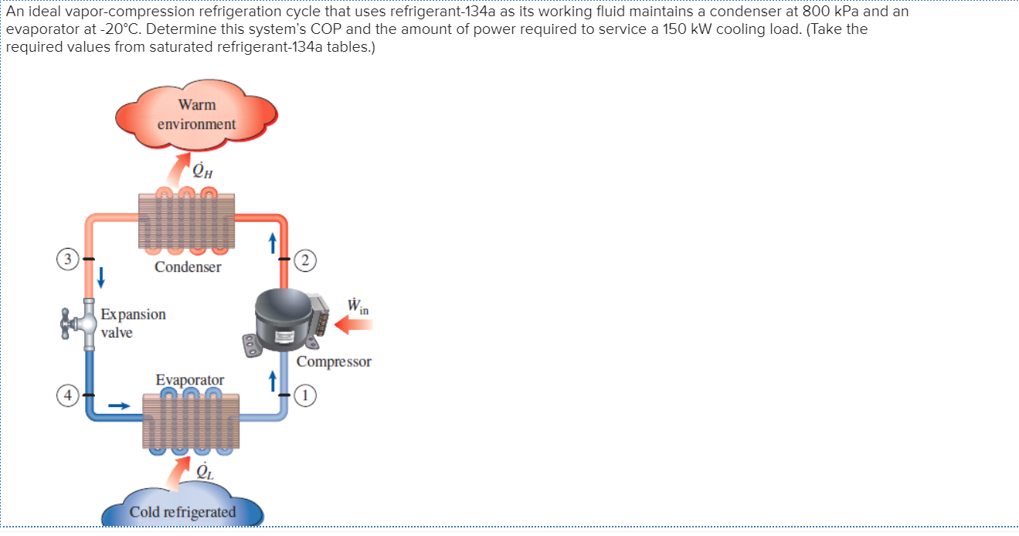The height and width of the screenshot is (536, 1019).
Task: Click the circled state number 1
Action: (x=307, y=395)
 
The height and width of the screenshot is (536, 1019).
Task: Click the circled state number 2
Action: (x=307, y=260)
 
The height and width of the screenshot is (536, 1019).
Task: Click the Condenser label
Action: (x=188, y=267)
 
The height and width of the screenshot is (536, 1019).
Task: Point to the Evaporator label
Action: (x=190, y=380)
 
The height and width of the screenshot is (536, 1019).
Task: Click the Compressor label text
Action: (x=334, y=361)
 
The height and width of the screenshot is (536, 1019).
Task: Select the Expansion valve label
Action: (x=131, y=324)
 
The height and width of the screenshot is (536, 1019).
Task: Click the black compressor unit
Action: (x=285, y=318)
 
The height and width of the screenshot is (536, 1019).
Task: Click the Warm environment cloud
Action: (x=196, y=115)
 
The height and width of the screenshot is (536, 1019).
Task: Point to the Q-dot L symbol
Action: (x=203, y=470)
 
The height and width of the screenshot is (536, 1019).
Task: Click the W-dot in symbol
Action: (x=356, y=306)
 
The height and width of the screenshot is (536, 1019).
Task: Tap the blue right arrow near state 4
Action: (x=118, y=404)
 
